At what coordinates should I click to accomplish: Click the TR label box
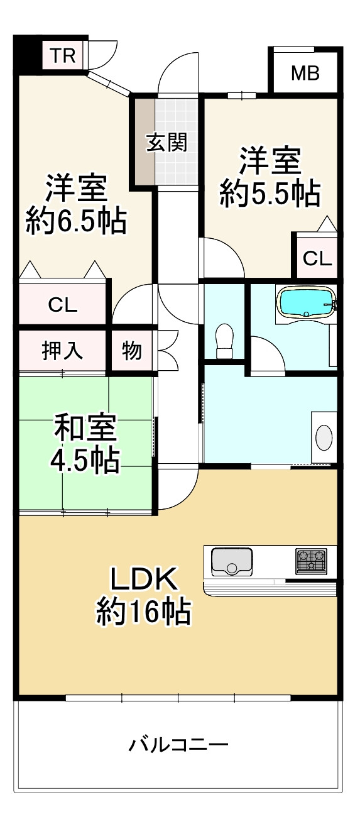63,56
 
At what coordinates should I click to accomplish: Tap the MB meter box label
305,73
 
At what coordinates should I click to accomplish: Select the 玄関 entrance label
167,143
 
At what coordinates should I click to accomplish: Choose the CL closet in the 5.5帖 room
317,258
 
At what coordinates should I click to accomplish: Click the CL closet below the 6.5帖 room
63,305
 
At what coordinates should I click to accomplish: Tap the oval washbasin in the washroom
324,437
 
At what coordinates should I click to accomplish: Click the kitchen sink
232,561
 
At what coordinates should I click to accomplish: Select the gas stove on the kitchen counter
312,561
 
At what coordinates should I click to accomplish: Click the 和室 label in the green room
85,428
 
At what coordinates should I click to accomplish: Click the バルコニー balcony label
178,745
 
